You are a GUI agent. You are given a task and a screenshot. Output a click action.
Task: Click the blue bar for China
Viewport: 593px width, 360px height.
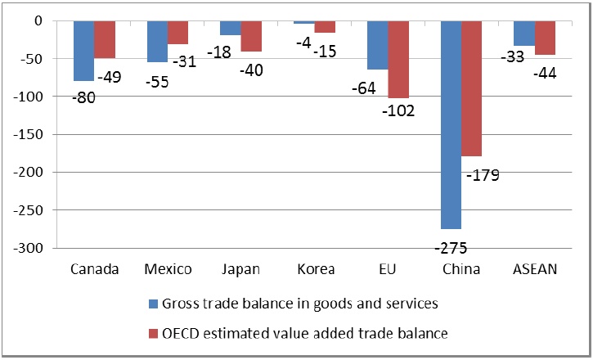pos(451,123)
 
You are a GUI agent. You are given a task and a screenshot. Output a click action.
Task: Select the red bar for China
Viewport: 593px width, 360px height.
pos(472,86)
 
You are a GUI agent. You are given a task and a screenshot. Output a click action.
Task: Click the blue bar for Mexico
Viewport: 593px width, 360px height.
pos(157,41)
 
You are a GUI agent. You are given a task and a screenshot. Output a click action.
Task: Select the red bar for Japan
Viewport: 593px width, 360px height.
pos(251,36)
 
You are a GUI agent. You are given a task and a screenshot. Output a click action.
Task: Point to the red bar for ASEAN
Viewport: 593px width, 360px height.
pos(545,38)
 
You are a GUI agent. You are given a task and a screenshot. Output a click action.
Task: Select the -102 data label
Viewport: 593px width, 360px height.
pos(399,110)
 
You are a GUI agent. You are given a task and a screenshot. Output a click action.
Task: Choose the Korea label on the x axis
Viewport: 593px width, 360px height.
pos(315,269)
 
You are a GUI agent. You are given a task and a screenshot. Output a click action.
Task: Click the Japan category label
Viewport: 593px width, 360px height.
pos(240,269)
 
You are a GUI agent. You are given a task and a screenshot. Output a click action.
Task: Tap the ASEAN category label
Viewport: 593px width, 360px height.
pos(535,269)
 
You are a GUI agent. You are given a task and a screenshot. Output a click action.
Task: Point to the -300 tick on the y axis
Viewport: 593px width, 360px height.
pos(43,248)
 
